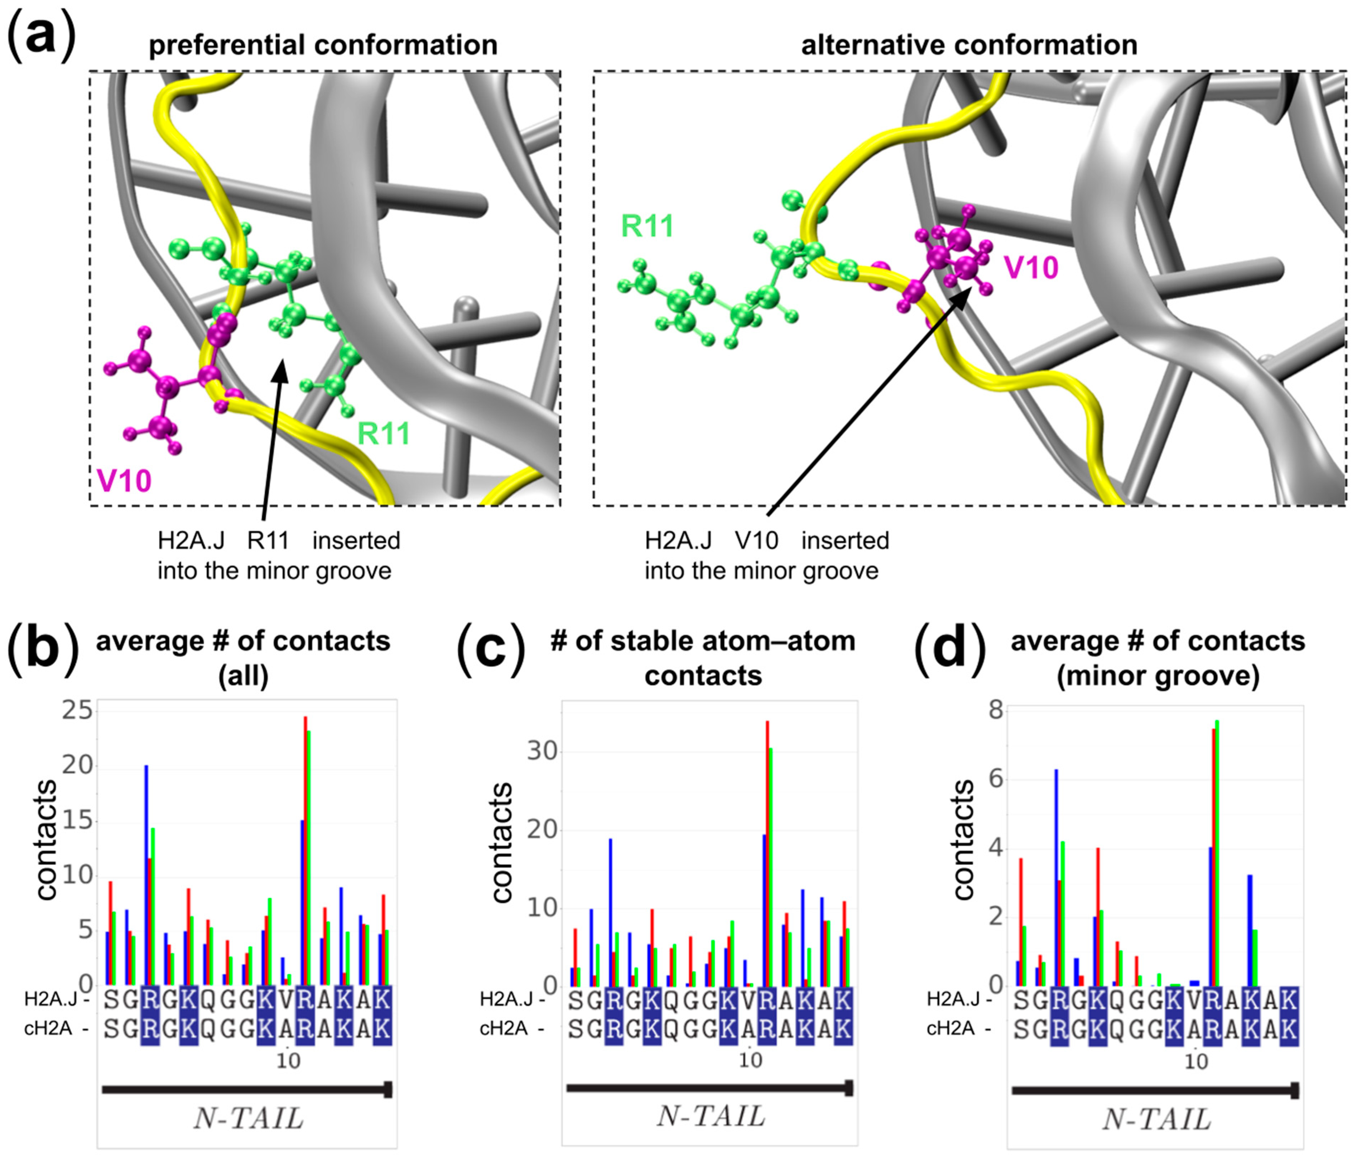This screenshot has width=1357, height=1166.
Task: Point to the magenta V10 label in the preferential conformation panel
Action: tap(124, 480)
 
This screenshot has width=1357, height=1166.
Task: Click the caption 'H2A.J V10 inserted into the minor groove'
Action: tap(766, 556)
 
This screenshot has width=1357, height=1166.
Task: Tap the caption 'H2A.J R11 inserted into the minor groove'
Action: tap(278, 556)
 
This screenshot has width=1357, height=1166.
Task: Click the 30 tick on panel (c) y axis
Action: tap(542, 751)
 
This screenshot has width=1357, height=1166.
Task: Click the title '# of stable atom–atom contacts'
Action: tap(703, 658)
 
